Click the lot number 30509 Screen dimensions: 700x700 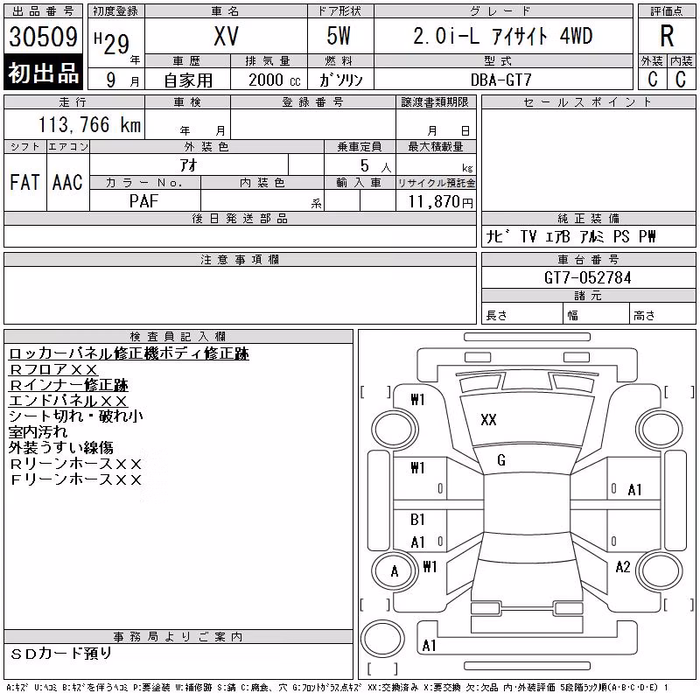pyautogui.click(x=43, y=37)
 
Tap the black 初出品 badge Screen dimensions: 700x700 pyautogui.click(x=43, y=72)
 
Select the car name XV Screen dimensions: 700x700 pyautogui.click(x=226, y=36)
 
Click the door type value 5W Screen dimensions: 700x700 pyautogui.click(x=339, y=36)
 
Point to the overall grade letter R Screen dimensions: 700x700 pyautogui.click(x=667, y=36)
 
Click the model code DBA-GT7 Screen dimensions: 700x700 pyautogui.click(x=500, y=80)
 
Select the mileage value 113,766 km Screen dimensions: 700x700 pyautogui.click(x=90, y=124)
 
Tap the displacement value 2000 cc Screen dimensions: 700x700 pyautogui.click(x=274, y=80)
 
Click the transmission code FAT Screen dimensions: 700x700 pyautogui.click(x=24, y=182)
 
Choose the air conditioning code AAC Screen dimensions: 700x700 pyautogui.click(x=67, y=182)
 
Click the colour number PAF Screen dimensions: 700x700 pyautogui.click(x=143, y=201)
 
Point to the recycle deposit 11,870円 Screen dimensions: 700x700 pyautogui.click(x=441, y=202)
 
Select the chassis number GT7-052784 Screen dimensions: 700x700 pyautogui.click(x=587, y=277)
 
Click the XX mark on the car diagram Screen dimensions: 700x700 pyautogui.click(x=488, y=420)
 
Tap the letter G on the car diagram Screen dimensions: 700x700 pyautogui.click(x=501, y=460)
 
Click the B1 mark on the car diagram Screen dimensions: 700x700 pyautogui.click(x=417, y=520)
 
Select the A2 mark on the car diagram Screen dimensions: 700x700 pyautogui.click(x=623, y=567)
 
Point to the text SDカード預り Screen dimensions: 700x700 pyautogui.click(x=60, y=654)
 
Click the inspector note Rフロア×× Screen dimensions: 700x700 pyautogui.click(x=53, y=369)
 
